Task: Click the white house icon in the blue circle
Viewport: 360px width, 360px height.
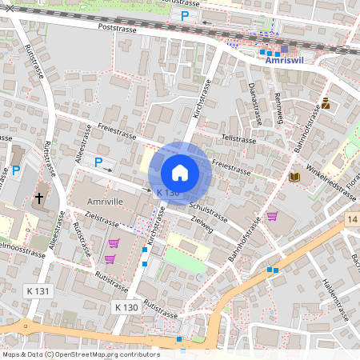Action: (180, 173)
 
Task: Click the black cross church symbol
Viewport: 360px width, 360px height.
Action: (39, 198)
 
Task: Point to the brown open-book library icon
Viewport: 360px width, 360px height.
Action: (294, 176)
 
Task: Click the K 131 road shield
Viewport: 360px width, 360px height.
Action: (39, 290)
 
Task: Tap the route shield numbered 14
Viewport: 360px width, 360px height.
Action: (353, 218)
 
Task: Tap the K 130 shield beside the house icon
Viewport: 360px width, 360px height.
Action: (168, 194)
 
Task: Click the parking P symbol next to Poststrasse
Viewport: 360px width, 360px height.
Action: (185, 15)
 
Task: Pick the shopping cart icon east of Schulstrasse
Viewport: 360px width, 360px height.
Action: (272, 215)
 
